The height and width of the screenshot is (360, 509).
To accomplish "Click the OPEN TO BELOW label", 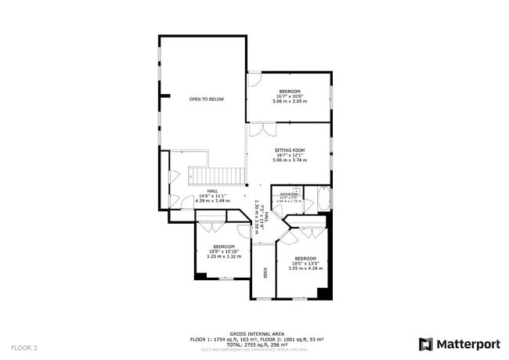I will (x=206, y=99).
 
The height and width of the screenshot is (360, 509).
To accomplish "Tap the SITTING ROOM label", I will (x=289, y=149).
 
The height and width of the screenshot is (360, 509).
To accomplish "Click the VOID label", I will (x=265, y=273).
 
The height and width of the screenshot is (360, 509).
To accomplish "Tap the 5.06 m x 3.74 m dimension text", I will (x=289, y=160).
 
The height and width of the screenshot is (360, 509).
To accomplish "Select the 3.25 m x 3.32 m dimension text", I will (x=223, y=256).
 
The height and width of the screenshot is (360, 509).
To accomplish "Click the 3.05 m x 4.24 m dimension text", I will (x=305, y=268).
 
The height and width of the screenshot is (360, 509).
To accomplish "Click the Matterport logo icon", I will (x=426, y=344).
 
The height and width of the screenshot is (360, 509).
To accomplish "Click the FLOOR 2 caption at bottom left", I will (x=23, y=346).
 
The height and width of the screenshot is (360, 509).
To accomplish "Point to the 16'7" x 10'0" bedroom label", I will (x=289, y=96).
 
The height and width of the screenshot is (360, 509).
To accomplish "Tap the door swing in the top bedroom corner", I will (x=254, y=78).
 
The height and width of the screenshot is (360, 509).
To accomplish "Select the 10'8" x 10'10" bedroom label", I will (x=223, y=250).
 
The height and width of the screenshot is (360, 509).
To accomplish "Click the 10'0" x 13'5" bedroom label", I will (x=305, y=263).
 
